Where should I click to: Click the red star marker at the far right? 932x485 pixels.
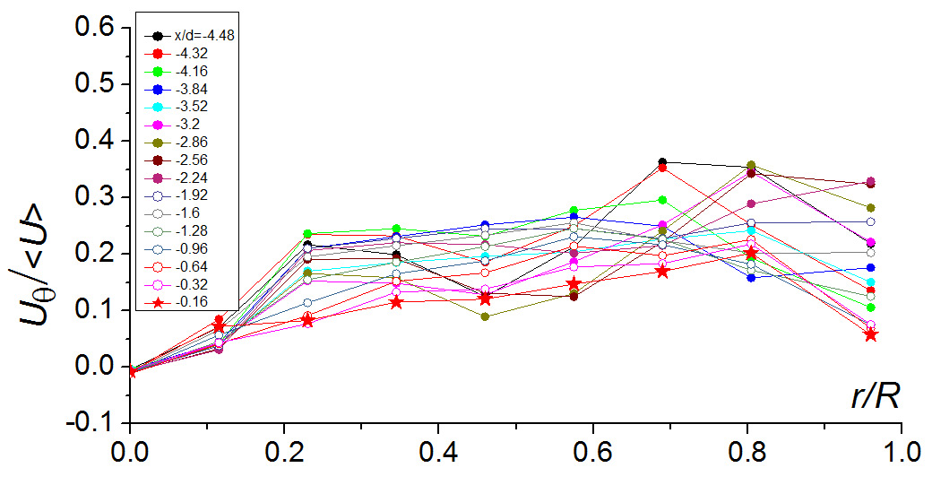(870, 334)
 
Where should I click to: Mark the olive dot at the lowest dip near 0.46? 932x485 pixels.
(485, 316)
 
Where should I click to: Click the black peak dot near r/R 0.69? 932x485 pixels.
(662, 162)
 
